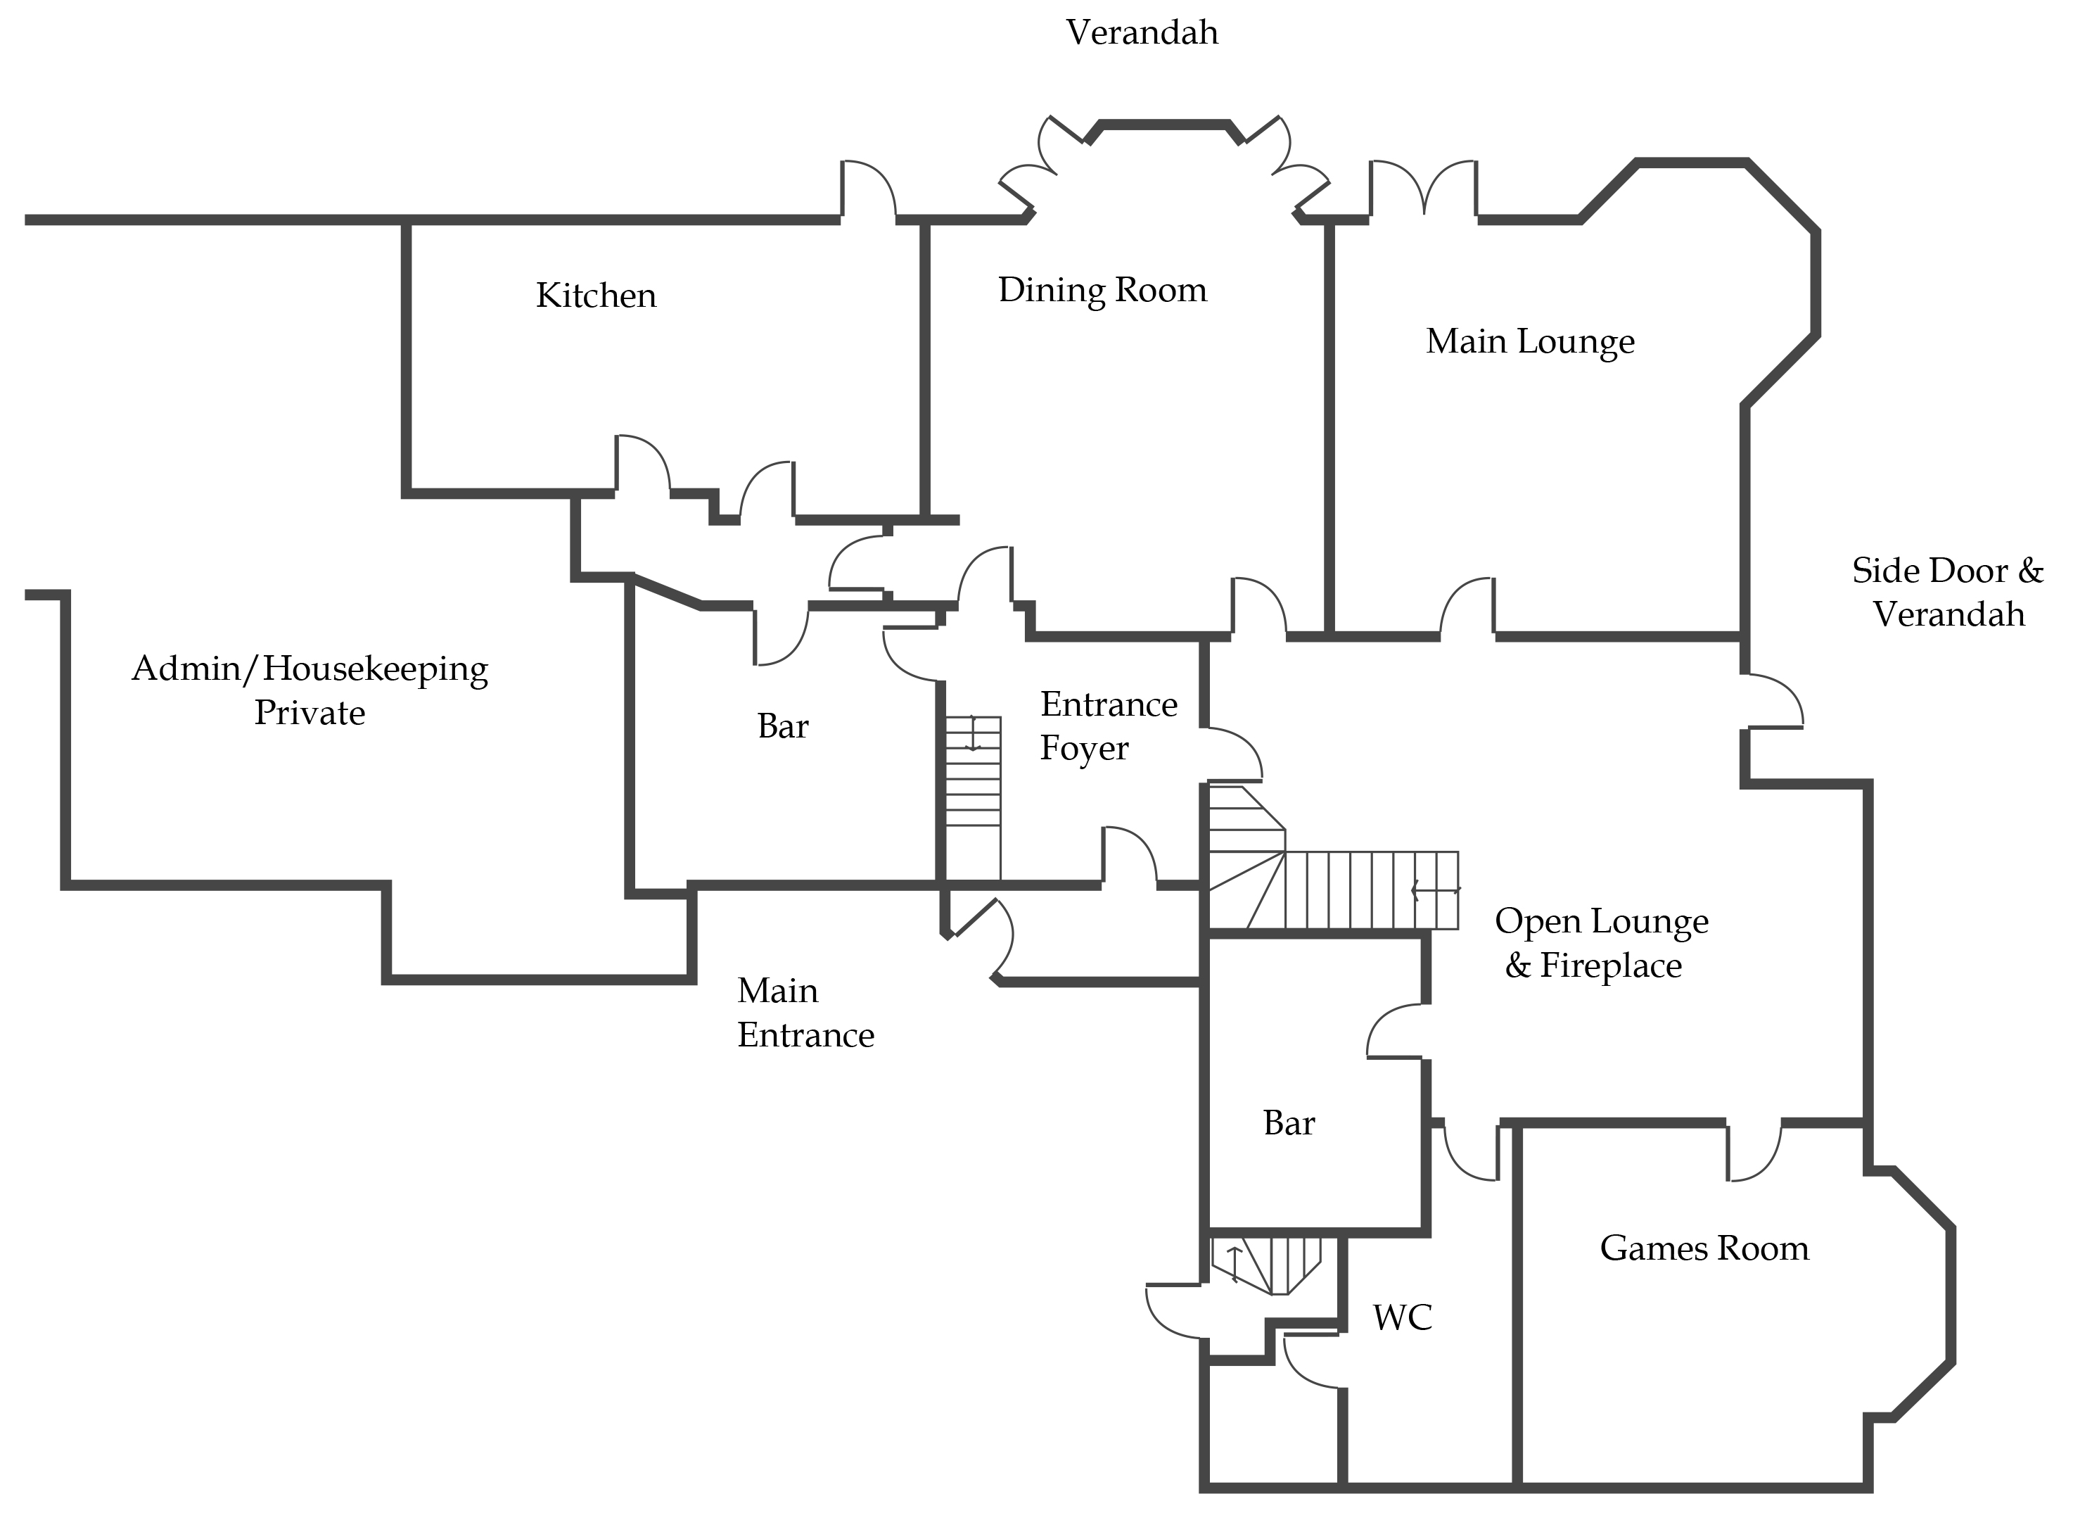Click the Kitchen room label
(x=596, y=296)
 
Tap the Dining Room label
(x=1102, y=291)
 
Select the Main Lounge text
(x=1529, y=341)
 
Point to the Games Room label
(x=1704, y=1248)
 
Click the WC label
(x=1402, y=1317)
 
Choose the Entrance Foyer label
(x=1107, y=726)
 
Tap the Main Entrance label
(x=804, y=1012)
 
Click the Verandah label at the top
(x=1142, y=33)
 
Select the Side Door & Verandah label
(x=1947, y=593)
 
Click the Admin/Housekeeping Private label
(x=310, y=690)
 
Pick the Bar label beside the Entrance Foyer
(x=782, y=727)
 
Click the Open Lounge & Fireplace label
(x=1600, y=943)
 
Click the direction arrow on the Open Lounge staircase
(x=1435, y=890)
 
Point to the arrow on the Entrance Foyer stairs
(x=972, y=733)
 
